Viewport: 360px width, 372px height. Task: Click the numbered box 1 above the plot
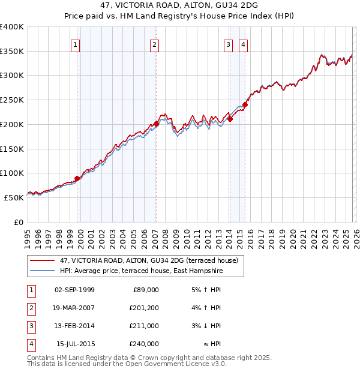pos(76,44)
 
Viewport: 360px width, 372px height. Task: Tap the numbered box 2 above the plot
pos(154,44)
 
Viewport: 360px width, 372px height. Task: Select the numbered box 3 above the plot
pos(229,44)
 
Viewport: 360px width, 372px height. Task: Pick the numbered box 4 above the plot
pos(244,44)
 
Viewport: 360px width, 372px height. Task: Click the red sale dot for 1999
pos(77,178)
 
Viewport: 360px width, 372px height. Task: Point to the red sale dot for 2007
pos(156,124)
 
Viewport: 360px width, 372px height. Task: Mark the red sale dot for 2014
pos(230,119)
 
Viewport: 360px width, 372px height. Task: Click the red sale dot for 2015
pos(245,104)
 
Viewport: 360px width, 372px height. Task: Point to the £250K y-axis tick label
pos(12,100)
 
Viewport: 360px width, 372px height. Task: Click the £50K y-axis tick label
pos(14,197)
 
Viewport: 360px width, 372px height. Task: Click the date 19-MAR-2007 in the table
pos(74,308)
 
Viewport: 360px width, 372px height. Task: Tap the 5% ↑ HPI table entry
pos(206,290)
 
